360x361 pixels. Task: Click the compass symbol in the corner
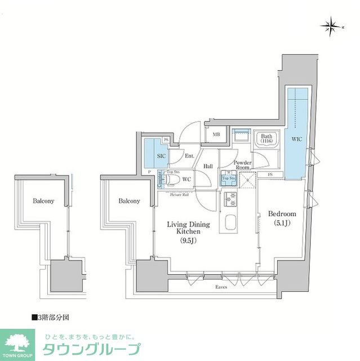coord(330,25)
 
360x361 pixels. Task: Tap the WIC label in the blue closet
coord(296,138)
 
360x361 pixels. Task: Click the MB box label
coord(216,134)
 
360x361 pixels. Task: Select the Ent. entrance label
coord(189,155)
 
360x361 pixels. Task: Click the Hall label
coord(208,166)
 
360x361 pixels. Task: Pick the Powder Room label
coord(243,165)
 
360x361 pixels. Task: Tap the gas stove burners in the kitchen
coord(232,199)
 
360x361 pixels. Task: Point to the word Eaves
coord(221,288)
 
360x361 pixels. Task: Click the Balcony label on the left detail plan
coord(43,201)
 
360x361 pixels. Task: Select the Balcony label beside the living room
coord(129,201)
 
